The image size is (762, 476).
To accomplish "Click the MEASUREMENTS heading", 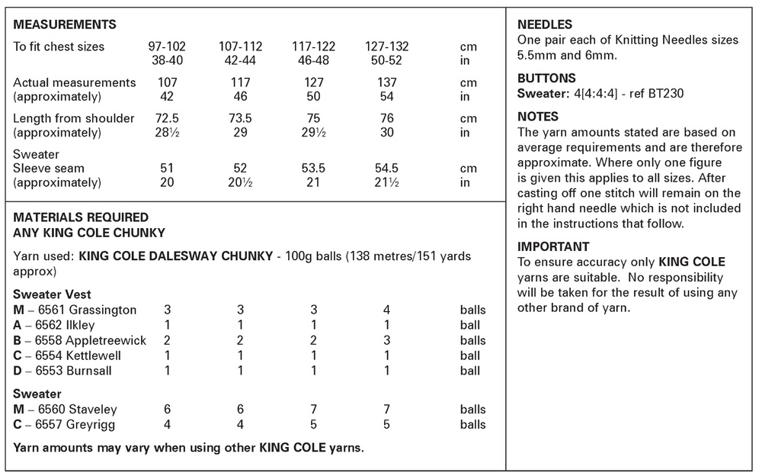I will click(x=65, y=24).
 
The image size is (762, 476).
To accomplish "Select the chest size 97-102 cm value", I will click(x=166, y=47).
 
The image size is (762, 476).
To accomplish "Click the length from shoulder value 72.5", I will click(x=166, y=118).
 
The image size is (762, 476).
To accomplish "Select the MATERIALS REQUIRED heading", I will click(x=81, y=217).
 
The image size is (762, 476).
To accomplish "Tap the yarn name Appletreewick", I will click(x=104, y=340).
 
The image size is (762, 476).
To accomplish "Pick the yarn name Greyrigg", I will click(x=91, y=425).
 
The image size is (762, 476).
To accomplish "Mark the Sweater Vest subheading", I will click(x=52, y=295).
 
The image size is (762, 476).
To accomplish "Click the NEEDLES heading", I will click(x=545, y=24).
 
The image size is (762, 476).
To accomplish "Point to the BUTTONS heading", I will click(x=546, y=78).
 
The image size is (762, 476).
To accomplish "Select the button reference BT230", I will click(x=645, y=93).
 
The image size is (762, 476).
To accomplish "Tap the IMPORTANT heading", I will click(x=553, y=246).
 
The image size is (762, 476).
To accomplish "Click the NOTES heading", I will click(x=538, y=117).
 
